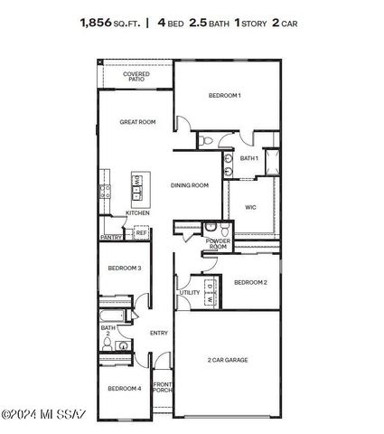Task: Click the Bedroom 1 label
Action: click(x=224, y=96)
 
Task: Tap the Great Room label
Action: click(x=139, y=121)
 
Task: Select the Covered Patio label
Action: click(x=136, y=77)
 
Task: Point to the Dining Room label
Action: click(x=190, y=185)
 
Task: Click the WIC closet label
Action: click(x=250, y=207)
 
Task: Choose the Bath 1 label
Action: click(x=249, y=158)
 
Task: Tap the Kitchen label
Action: click(x=137, y=213)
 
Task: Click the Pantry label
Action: click(x=111, y=237)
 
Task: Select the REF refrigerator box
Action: click(x=141, y=233)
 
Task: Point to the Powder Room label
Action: click(x=218, y=244)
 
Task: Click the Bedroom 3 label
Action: click(x=125, y=269)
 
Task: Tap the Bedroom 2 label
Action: click(x=249, y=282)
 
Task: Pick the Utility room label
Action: click(x=190, y=293)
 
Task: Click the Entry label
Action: click(x=159, y=333)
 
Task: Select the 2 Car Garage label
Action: click(x=228, y=360)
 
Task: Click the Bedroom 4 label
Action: click(x=125, y=389)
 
